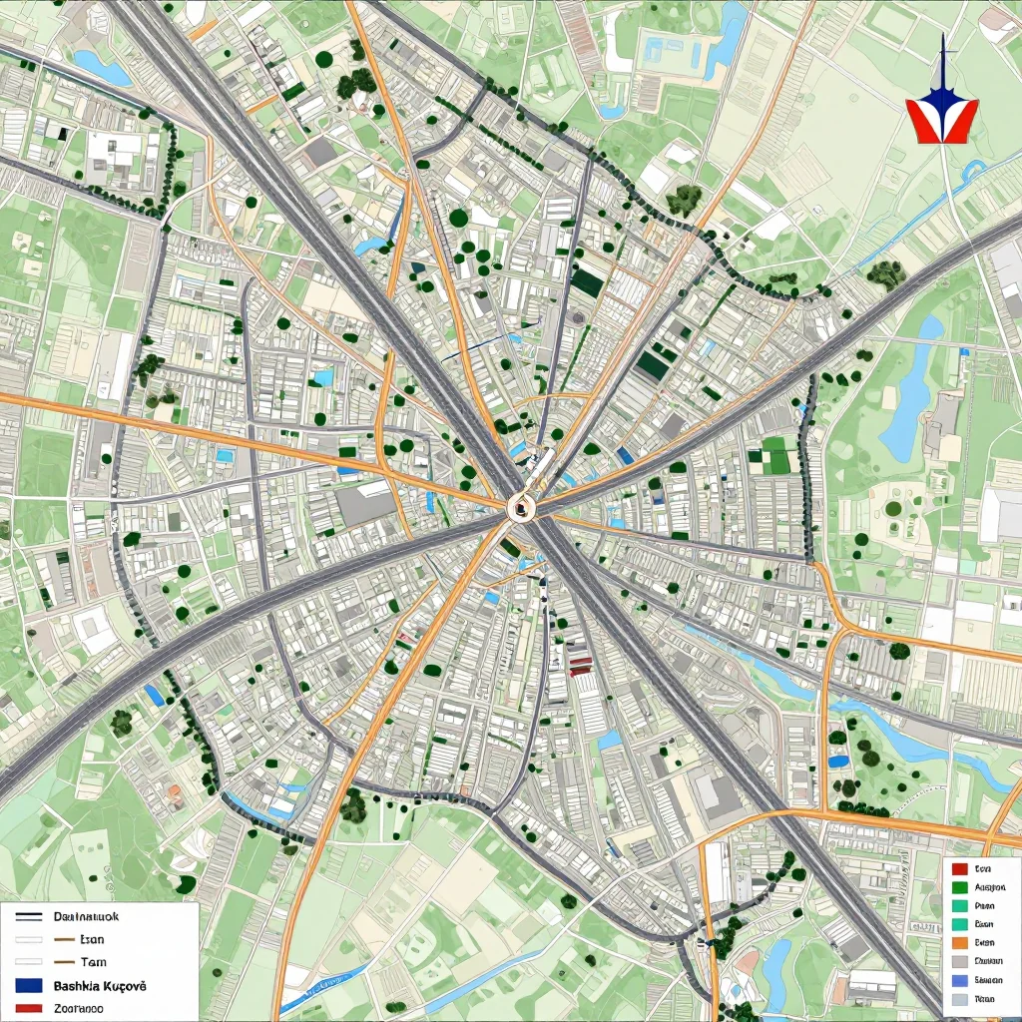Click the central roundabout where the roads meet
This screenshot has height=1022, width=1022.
pyautogui.click(x=522, y=508)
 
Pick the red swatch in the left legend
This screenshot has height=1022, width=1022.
pyautogui.click(x=29, y=1008)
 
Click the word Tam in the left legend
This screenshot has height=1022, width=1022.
pyautogui.click(x=93, y=962)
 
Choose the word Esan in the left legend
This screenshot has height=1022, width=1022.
pyautogui.click(x=92, y=939)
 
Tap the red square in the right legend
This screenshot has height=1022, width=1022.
pyautogui.click(x=960, y=869)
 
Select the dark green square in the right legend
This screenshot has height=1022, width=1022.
pyautogui.click(x=960, y=887)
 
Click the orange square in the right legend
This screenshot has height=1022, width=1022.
pyautogui.click(x=960, y=942)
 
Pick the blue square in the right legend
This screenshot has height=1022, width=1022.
pyautogui.click(x=960, y=980)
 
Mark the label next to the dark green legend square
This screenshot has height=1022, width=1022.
pyautogui.click(x=988, y=887)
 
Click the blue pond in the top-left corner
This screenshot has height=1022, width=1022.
pyautogui.click(x=102, y=69)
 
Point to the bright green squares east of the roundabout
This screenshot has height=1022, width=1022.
pyautogui.click(x=774, y=455)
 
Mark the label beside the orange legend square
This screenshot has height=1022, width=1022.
pyautogui.click(x=984, y=942)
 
